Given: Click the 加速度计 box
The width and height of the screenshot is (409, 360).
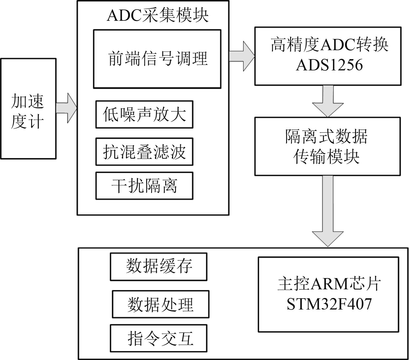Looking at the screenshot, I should (28, 108).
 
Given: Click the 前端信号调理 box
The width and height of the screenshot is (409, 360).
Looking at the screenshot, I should (157, 59).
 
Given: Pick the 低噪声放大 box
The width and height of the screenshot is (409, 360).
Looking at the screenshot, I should (144, 114).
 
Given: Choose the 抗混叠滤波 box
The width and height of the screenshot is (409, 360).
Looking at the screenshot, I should (144, 152).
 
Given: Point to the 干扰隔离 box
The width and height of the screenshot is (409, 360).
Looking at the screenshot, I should (144, 186).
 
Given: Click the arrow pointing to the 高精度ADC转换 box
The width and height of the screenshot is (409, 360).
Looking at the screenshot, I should (242, 55).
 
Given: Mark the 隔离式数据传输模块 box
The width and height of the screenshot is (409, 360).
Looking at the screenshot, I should (327, 146).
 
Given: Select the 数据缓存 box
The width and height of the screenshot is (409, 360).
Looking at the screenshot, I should (159, 267).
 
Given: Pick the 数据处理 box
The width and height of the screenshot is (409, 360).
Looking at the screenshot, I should (160, 304).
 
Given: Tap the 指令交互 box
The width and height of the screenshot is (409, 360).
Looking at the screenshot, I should (159, 338).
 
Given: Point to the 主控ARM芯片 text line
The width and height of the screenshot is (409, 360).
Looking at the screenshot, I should (329, 284).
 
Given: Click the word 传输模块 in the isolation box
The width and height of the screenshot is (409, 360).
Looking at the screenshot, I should (327, 157).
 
